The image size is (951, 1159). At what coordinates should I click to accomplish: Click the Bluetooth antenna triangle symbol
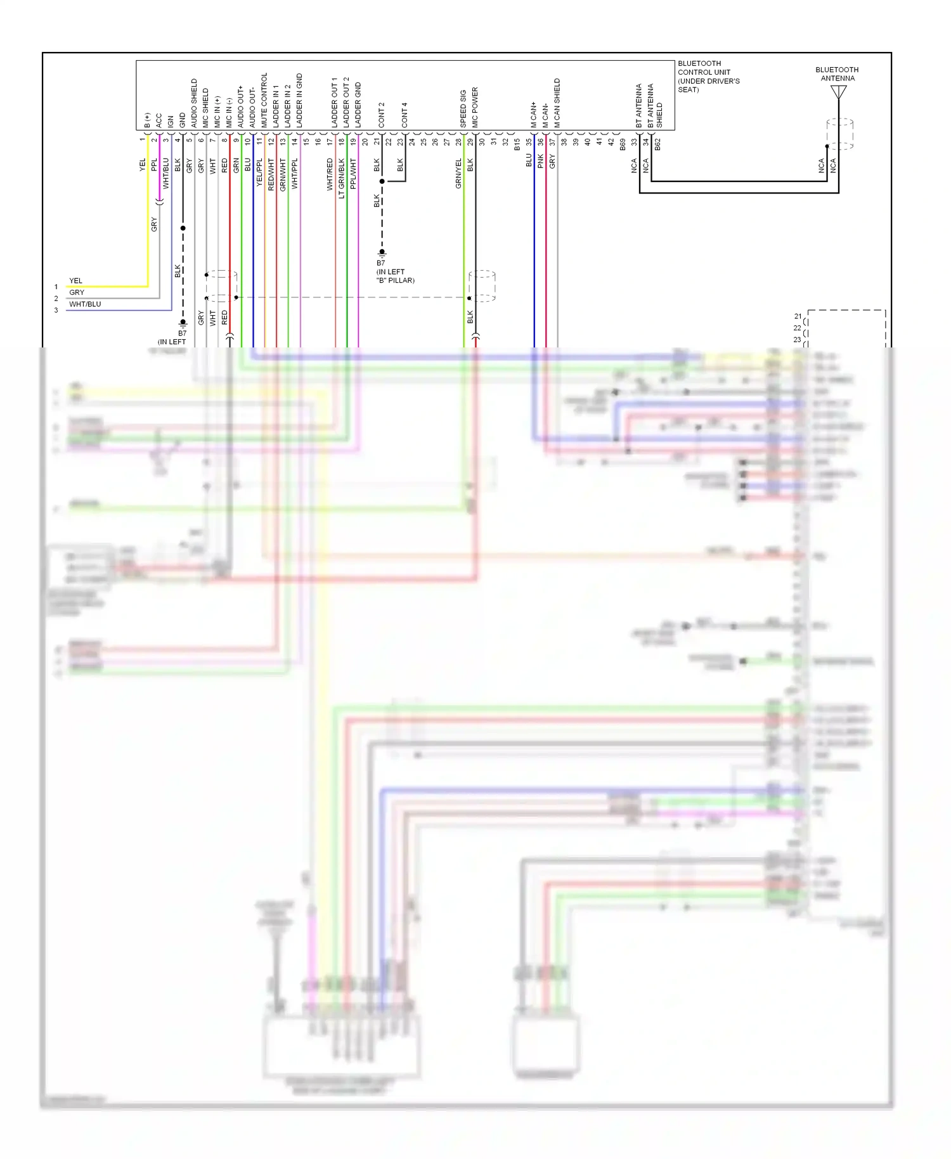[838, 93]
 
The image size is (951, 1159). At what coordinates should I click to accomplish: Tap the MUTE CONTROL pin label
[264, 100]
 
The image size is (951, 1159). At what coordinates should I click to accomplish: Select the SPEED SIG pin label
[463, 108]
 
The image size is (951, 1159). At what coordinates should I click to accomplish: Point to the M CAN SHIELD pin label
[557, 103]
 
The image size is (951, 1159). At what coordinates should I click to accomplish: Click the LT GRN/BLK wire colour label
[342, 178]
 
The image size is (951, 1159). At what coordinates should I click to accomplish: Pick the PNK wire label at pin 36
[541, 160]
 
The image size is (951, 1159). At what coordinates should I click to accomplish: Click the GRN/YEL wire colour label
[458, 173]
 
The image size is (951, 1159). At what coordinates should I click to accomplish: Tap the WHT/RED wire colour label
[330, 174]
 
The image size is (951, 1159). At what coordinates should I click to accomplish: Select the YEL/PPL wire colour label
[259, 172]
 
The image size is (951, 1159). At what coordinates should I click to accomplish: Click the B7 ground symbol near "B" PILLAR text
[382, 252]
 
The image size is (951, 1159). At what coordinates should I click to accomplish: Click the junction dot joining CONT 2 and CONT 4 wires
[382, 181]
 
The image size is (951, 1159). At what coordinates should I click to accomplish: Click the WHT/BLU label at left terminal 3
[85, 304]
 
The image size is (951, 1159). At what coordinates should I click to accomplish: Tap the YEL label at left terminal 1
[75, 281]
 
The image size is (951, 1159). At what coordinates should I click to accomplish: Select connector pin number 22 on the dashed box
[797, 328]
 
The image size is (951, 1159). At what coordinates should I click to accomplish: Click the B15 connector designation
[517, 145]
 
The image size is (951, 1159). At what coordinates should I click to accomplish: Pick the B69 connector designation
[623, 145]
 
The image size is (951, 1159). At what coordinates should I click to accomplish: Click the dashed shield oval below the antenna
[839, 134]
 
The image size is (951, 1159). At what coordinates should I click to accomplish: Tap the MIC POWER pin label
[475, 107]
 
